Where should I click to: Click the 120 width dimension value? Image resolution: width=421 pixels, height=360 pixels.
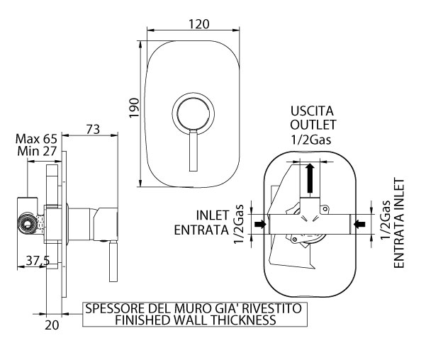(198, 24)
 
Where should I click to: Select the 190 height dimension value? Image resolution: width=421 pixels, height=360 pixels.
(134, 108)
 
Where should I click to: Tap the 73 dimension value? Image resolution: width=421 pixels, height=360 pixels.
(93, 129)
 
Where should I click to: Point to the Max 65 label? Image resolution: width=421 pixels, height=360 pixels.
(36, 139)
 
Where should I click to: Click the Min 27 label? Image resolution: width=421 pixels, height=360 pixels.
(37, 151)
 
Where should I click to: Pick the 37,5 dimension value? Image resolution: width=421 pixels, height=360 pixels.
(38, 261)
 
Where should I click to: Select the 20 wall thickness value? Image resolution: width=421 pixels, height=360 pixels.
(52, 325)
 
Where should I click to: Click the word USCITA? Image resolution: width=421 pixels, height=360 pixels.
(312, 111)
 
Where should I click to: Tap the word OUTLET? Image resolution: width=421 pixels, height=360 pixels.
(313, 125)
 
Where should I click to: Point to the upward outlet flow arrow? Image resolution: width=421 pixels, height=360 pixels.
(310, 178)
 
